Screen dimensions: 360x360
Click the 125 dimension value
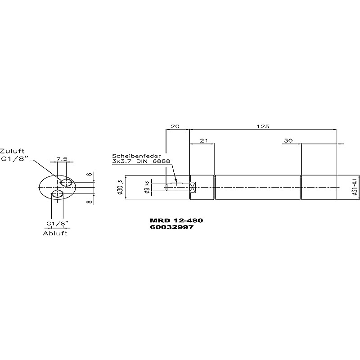click(x=263, y=126)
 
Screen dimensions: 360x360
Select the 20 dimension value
click(x=175, y=126)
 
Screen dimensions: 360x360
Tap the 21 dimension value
click(x=204, y=140)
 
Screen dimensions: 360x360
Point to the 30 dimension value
click(x=288, y=140)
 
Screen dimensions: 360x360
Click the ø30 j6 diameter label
click(x=121, y=187)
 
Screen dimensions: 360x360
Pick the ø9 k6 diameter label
click(x=148, y=187)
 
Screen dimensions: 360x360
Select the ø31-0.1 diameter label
click(x=355, y=187)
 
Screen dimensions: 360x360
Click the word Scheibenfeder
click(x=136, y=156)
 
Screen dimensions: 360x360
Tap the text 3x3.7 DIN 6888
click(x=141, y=161)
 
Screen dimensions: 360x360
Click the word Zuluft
click(x=12, y=151)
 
